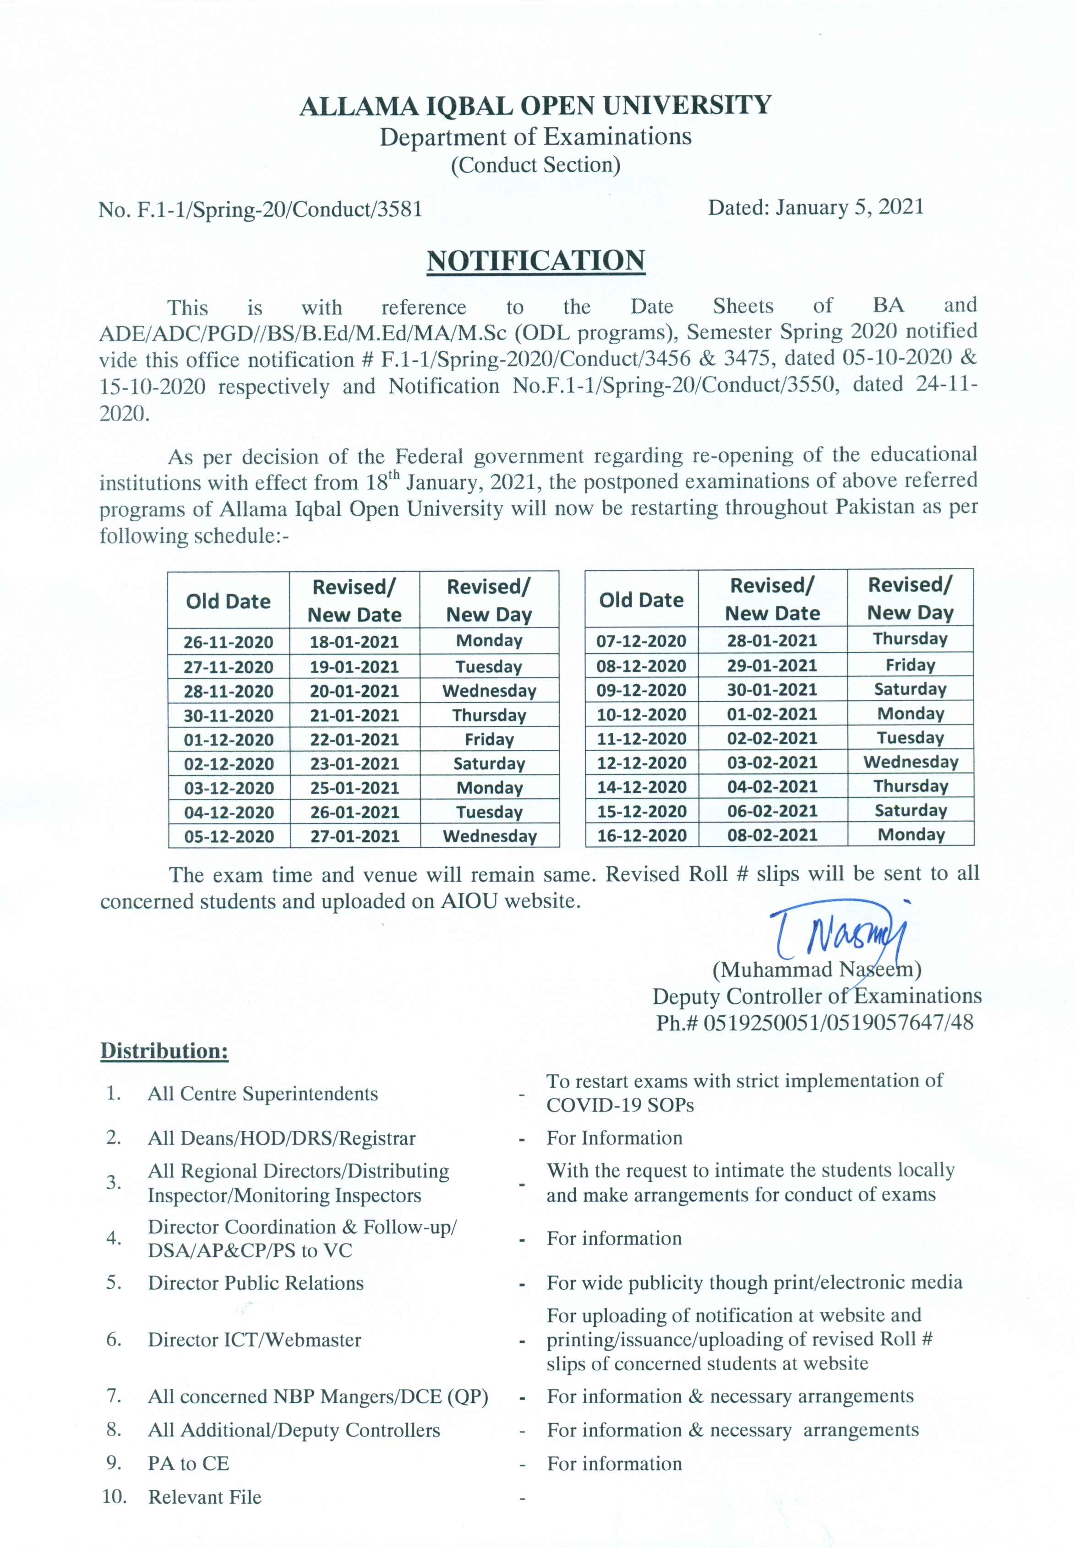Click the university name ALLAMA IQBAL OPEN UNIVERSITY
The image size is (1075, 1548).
coord(535,106)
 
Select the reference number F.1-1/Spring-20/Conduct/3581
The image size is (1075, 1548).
coord(279,209)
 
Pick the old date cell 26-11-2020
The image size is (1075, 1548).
coord(229,642)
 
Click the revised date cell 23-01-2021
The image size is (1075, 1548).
coord(355,763)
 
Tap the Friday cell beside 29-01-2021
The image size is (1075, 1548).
coord(910,665)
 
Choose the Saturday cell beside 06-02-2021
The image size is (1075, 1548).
coord(910,811)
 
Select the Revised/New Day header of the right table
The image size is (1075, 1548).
coord(910,599)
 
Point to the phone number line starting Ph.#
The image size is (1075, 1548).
coord(815,1023)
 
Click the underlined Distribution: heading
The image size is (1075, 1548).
coord(164,1051)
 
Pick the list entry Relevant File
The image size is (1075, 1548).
coord(205,1497)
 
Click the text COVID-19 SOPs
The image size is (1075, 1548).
coord(620,1105)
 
